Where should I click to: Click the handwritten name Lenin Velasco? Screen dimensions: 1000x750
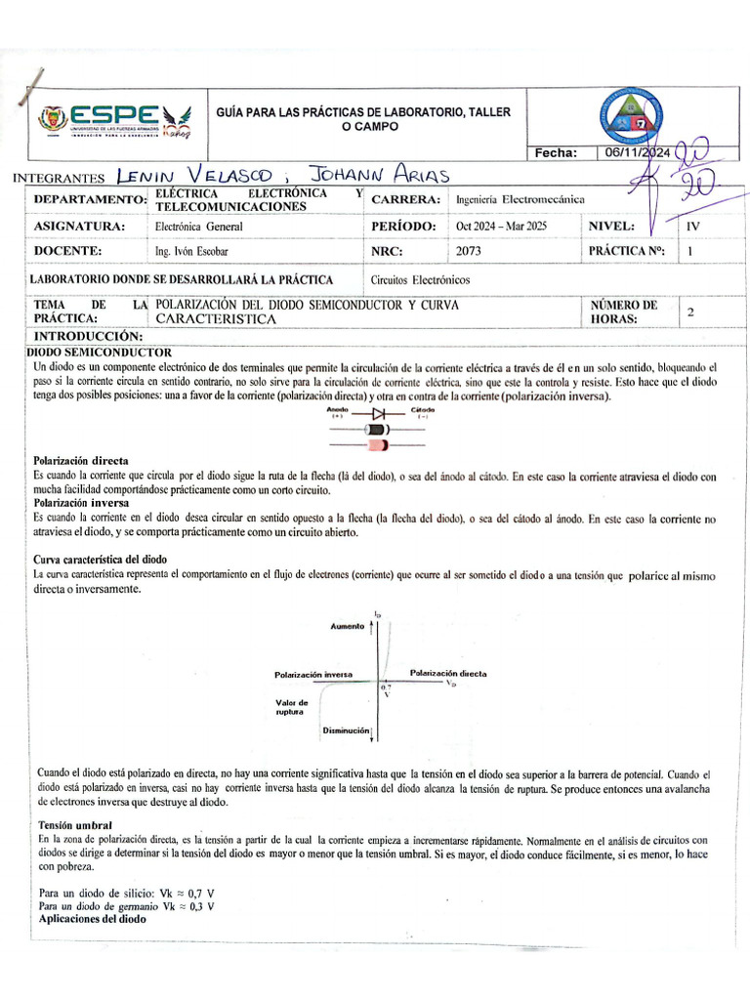[193, 176]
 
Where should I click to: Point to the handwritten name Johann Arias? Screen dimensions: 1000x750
[377, 175]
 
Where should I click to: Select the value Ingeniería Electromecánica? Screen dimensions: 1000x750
[520, 199]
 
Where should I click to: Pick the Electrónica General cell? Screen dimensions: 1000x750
[199, 226]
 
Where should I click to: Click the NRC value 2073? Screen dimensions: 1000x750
[469, 251]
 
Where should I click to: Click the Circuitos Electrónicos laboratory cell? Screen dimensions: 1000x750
[421, 279]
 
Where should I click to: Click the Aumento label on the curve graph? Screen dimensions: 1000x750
[348, 625]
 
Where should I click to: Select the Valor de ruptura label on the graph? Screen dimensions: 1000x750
[292, 707]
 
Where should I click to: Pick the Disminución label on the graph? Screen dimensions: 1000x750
[346, 730]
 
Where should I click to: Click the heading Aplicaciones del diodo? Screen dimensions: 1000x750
[92, 919]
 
